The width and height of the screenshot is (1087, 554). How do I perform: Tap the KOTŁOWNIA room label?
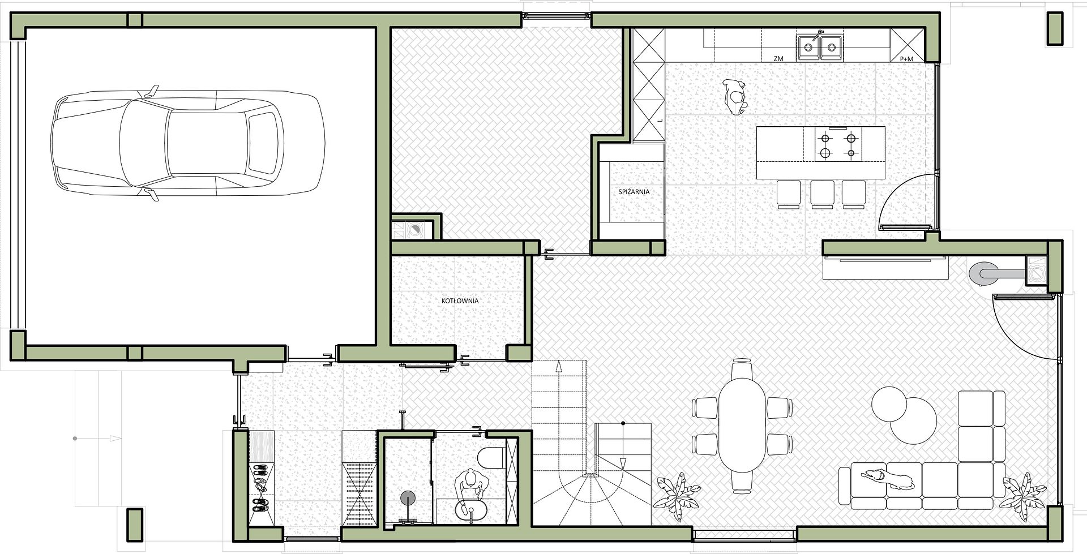(x=460, y=300)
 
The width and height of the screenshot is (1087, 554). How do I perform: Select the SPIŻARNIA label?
(x=634, y=192)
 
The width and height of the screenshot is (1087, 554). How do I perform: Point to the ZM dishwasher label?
(x=778, y=59)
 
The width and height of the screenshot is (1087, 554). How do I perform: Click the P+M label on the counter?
(x=906, y=59)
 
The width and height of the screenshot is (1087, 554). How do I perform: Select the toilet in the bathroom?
(x=491, y=458)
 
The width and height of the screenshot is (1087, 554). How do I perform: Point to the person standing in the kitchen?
(x=735, y=97)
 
